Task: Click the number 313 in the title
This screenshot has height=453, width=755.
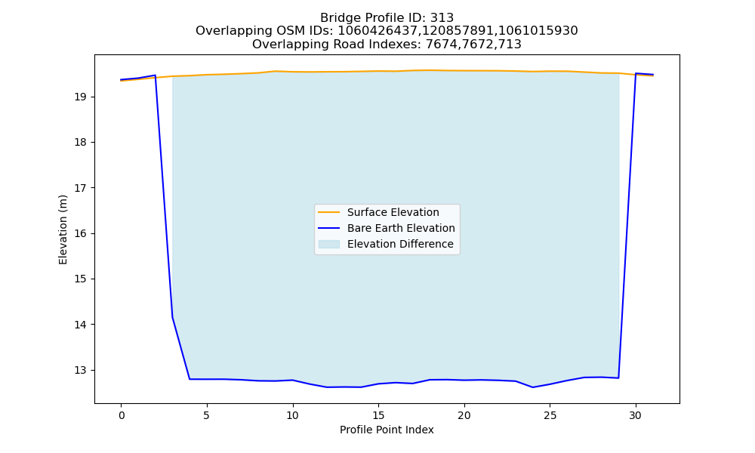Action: pos(442,18)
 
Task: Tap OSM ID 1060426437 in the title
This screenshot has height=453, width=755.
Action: pos(374,31)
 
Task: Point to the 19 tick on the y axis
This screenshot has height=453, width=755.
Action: pos(80,97)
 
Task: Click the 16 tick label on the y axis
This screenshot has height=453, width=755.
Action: pos(80,234)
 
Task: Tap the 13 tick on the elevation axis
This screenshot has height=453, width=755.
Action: pos(80,371)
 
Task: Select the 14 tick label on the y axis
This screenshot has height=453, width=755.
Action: pos(80,325)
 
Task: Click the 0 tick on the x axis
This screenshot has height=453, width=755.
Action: pos(121,415)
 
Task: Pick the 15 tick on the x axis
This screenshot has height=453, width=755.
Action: pos(378,415)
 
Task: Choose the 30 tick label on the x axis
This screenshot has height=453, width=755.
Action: pos(636,415)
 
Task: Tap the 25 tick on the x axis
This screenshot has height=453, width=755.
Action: pos(550,415)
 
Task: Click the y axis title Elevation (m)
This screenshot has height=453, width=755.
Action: pos(63,230)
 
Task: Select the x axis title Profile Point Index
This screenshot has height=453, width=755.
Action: pos(387,430)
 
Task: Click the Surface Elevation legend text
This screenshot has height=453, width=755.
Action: pos(393,212)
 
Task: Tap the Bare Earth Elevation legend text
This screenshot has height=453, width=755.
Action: pos(401,228)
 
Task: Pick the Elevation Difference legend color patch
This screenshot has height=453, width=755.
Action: pos(329,244)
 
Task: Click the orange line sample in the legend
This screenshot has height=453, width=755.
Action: pos(329,212)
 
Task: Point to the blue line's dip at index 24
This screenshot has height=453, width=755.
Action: pos(532,387)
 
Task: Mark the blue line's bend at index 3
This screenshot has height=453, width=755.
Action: pos(172,317)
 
